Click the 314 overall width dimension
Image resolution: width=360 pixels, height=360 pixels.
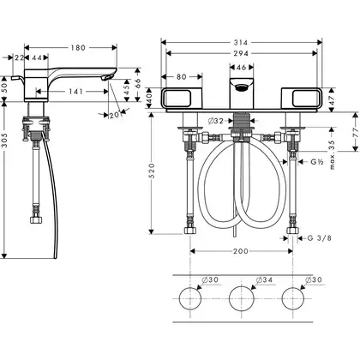[x=241, y=43]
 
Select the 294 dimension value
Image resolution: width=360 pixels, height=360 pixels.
[x=241, y=53]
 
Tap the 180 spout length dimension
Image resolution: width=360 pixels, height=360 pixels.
[x=78, y=48]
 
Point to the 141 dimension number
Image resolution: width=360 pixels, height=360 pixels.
[x=75, y=92]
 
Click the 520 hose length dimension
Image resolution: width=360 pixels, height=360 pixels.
[x=152, y=171]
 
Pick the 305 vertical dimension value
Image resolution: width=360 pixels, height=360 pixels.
[x=4, y=141]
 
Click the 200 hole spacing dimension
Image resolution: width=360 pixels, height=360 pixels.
[x=241, y=251]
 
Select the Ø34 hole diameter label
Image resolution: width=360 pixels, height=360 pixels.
[x=264, y=279]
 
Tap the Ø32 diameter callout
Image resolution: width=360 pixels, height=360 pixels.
[x=216, y=121]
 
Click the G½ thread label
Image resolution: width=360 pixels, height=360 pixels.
[x=316, y=162]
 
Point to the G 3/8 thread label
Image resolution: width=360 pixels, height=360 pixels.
[x=320, y=237]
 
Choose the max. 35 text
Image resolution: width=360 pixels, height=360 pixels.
[x=332, y=154]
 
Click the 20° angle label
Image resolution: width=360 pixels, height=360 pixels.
[x=114, y=115]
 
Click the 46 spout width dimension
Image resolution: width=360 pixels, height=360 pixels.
[x=242, y=68]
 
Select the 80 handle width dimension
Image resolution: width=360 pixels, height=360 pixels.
[x=182, y=77]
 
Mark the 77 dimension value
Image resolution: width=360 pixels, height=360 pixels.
[x=355, y=132]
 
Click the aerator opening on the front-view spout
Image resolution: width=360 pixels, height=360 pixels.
[x=242, y=87]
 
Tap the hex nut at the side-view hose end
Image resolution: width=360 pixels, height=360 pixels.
[x=36, y=219]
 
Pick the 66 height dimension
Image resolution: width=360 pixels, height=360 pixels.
[x=138, y=83]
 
